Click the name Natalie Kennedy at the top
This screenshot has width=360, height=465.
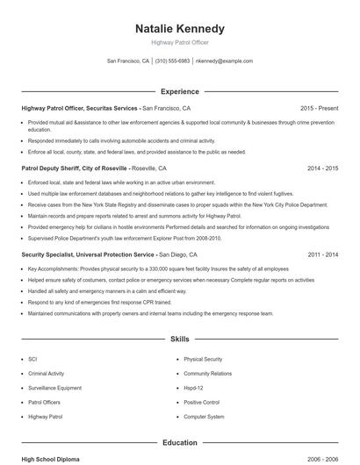point(179,28)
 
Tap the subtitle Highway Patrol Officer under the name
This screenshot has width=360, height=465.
point(179,42)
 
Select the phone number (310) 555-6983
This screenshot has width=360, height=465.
point(173,61)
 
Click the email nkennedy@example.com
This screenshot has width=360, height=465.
point(224,61)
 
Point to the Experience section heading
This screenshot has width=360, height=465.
point(179,91)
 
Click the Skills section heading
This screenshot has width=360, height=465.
point(179,338)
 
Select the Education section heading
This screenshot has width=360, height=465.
point(179,443)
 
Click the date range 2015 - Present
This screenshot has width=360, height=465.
point(319,108)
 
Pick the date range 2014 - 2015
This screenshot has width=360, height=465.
point(321,168)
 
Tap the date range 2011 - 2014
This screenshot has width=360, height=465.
point(321,254)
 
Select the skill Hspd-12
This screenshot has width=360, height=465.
point(193,388)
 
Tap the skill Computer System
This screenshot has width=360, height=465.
point(204,417)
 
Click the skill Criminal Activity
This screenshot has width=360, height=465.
point(46,374)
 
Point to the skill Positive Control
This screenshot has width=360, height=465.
point(201,402)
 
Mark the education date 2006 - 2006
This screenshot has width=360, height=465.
point(321,459)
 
